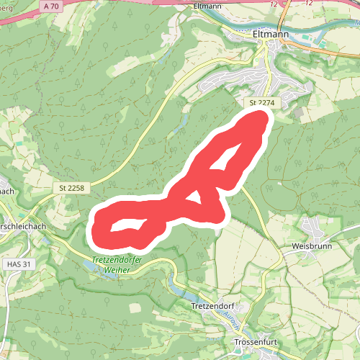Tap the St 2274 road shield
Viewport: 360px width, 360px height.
(263, 103)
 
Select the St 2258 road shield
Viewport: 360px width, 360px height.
(72, 188)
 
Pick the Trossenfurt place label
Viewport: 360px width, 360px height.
(256, 342)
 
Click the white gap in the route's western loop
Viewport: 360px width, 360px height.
(127, 225)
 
